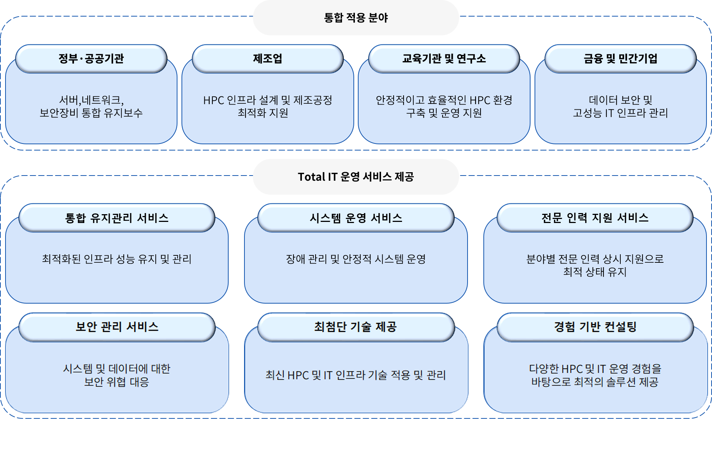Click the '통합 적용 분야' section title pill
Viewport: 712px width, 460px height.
[356, 18]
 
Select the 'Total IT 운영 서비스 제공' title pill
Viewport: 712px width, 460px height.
[356, 177]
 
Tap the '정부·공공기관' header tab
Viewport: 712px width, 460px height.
[91, 59]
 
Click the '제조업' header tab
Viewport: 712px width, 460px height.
[268, 59]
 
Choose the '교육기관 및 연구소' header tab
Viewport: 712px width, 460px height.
[444, 59]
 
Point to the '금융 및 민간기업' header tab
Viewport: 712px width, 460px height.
[620, 59]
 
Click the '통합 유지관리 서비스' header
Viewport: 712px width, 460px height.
[117, 218]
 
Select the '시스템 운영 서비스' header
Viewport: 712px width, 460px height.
[356, 218]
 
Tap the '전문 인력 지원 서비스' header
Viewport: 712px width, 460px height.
[595, 218]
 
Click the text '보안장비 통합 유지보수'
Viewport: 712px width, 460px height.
[91, 113]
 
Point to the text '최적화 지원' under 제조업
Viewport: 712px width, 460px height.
[263, 113]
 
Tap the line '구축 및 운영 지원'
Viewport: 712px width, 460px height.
[444, 113]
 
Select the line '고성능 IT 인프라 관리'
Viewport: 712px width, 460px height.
[620, 113]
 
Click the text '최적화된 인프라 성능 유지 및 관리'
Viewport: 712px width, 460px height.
[117, 259]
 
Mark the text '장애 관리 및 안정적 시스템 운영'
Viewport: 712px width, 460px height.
[356, 259]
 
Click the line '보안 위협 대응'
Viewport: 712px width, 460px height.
[117, 382]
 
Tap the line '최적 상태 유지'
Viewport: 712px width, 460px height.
[595, 272]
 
